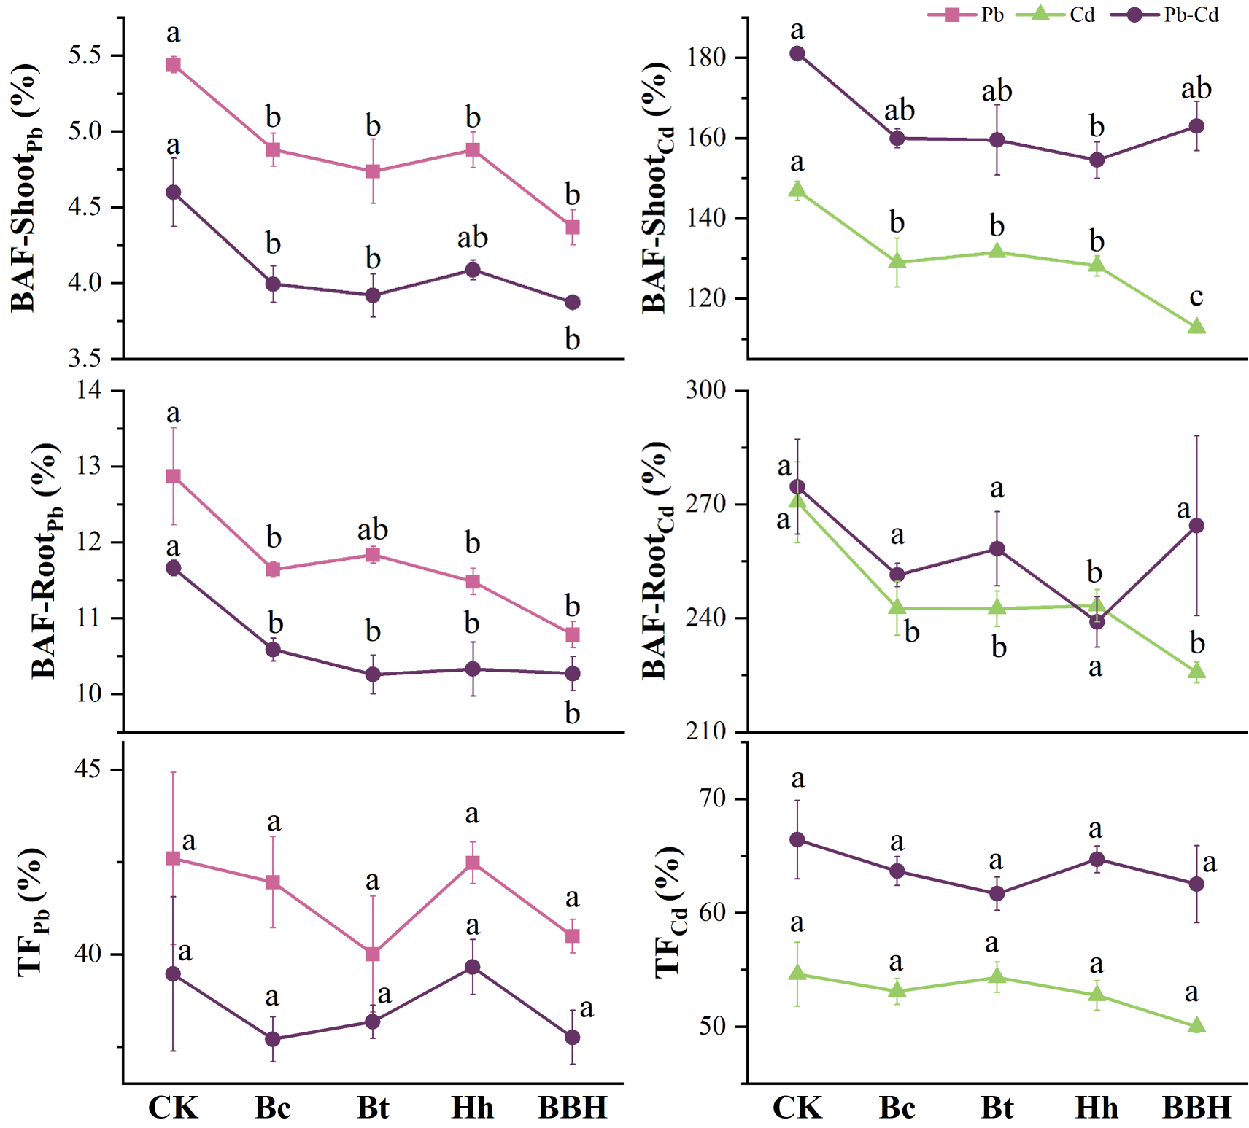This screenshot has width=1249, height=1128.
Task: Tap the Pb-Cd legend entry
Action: [x=1165, y=15]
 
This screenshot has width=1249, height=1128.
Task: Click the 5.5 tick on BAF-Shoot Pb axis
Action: [x=85, y=56]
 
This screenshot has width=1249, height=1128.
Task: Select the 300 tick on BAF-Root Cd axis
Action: [x=705, y=390]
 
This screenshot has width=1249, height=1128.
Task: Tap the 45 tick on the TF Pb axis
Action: [x=88, y=770]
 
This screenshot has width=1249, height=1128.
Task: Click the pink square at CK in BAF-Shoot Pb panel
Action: [x=173, y=65]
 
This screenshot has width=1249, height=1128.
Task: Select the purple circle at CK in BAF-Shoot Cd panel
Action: [x=797, y=53]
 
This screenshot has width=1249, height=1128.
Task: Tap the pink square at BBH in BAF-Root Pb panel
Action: [x=573, y=634]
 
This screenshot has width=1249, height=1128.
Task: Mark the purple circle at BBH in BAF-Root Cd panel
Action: [x=1196, y=526]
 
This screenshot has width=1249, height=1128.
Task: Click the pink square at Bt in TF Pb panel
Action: [x=373, y=954]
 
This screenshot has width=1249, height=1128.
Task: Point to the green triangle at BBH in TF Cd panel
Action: [x=1196, y=1026]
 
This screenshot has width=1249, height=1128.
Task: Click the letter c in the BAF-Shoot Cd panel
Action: [x=1196, y=297]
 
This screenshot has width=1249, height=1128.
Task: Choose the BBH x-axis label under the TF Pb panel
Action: [x=573, y=1108]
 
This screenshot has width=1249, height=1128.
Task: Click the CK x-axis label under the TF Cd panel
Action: [x=797, y=1108]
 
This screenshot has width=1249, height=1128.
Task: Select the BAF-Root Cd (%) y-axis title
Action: [x=656, y=560]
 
